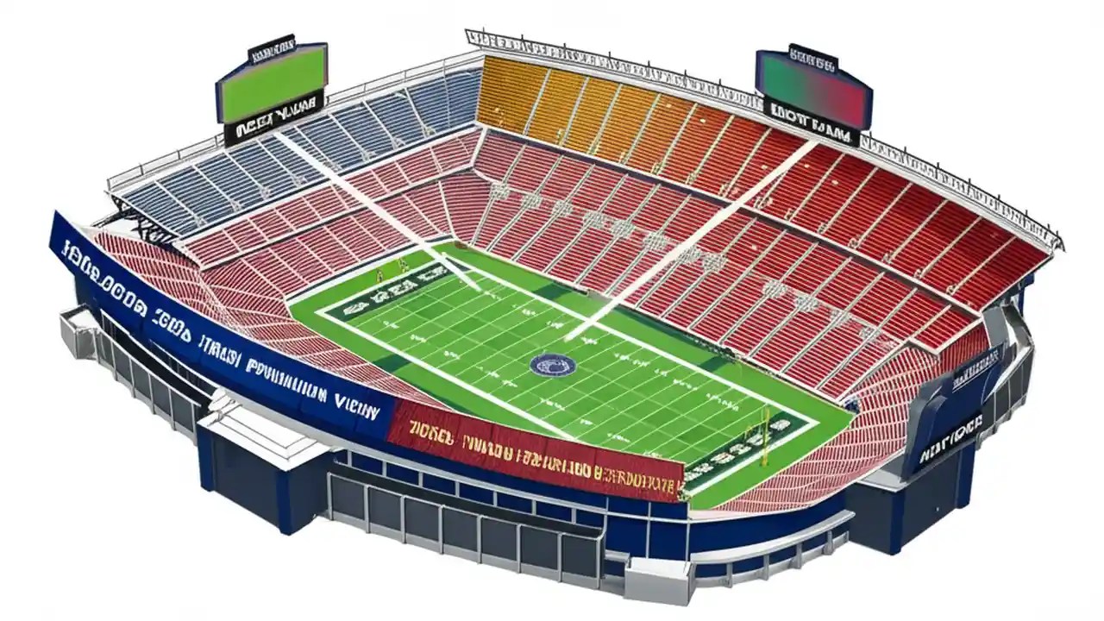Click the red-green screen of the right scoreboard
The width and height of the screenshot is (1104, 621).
[813, 85]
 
